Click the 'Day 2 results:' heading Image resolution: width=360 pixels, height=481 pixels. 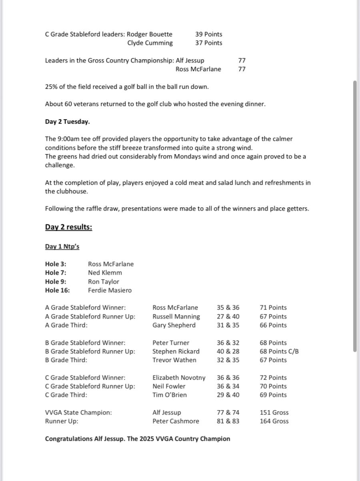click(68, 227)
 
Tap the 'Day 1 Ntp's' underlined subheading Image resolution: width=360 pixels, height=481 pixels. click(62, 247)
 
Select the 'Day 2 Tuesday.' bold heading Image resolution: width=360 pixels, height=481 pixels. click(67, 122)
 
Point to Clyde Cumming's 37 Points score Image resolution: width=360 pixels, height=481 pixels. click(208, 43)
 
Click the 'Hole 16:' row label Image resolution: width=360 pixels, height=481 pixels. click(57, 291)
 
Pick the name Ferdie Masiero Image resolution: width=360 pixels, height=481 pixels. click(110, 291)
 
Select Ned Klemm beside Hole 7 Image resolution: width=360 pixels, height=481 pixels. click(105, 273)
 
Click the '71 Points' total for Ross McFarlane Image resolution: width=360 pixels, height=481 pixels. click(273, 308)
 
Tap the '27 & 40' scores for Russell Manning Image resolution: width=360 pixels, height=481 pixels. click(228, 317)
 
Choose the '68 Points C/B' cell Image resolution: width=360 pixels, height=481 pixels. click(279, 352)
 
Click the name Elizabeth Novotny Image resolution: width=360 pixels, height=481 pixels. click(179, 378)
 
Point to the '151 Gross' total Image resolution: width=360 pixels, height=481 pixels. click(274, 413)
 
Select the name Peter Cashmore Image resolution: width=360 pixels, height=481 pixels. click(175, 421)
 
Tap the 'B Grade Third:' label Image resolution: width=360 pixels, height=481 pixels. click(66, 360)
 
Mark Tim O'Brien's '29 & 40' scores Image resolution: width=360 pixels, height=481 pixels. click(228, 395)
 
